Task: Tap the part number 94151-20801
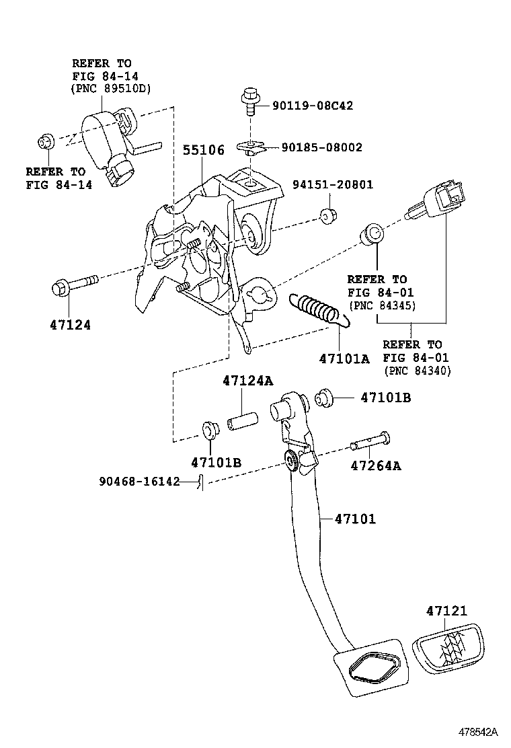tap(332, 185)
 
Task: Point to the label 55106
tap(204, 150)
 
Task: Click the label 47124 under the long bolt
tap(70, 324)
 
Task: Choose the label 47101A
tap(344, 359)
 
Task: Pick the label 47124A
tap(248, 381)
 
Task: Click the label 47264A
tap(375, 465)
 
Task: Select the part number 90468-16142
tap(139, 482)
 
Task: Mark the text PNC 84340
tap(417, 371)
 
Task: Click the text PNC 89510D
tap(111, 88)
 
